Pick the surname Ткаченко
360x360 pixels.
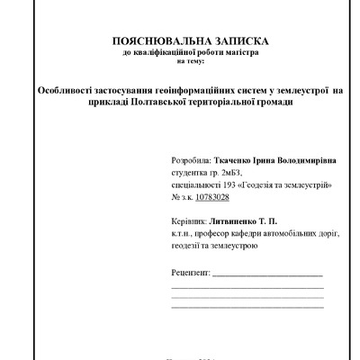tap(236, 159)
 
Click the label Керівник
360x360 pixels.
tap(187, 220)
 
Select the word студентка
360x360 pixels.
tap(191, 171)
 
